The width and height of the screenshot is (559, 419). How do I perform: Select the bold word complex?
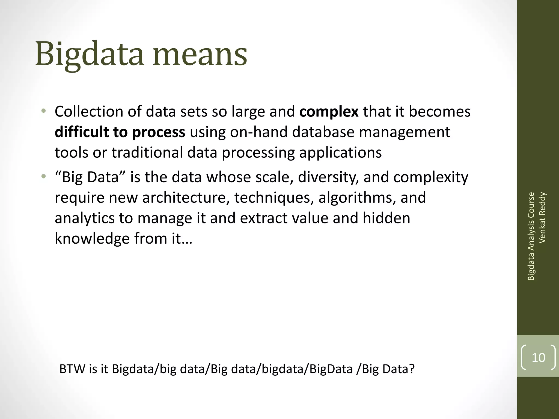[x=329, y=112]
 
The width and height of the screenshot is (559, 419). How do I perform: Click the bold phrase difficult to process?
[x=120, y=132]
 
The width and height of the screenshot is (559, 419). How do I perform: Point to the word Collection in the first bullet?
[x=89, y=112]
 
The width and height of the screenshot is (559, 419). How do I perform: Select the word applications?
[x=340, y=153]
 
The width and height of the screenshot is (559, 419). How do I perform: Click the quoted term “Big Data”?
[x=90, y=177]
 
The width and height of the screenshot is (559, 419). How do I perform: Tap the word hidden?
[x=386, y=218]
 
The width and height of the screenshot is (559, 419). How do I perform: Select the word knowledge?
[x=92, y=239]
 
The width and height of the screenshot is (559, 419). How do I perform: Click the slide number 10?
[x=538, y=358]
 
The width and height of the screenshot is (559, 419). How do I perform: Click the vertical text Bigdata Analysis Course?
[x=531, y=236]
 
